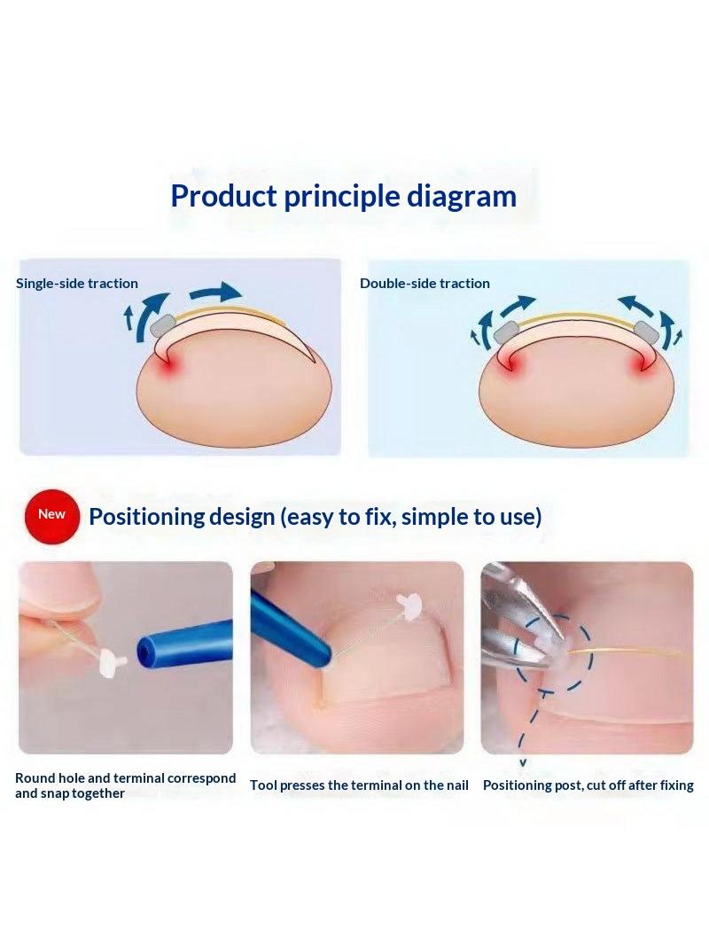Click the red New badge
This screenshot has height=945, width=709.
(x=52, y=517)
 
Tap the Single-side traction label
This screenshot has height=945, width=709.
(x=77, y=284)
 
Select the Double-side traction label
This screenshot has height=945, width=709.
(x=425, y=284)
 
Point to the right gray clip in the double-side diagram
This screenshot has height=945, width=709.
(x=646, y=331)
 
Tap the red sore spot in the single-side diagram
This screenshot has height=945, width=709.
(x=170, y=363)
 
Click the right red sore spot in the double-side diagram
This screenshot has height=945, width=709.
(x=640, y=364)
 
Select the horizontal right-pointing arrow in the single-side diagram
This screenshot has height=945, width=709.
(x=215, y=293)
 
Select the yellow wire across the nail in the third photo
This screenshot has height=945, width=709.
(x=627, y=652)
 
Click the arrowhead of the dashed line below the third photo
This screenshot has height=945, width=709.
(x=523, y=763)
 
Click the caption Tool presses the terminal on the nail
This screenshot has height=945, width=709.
(x=359, y=785)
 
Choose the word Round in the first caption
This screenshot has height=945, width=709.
(x=35, y=778)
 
